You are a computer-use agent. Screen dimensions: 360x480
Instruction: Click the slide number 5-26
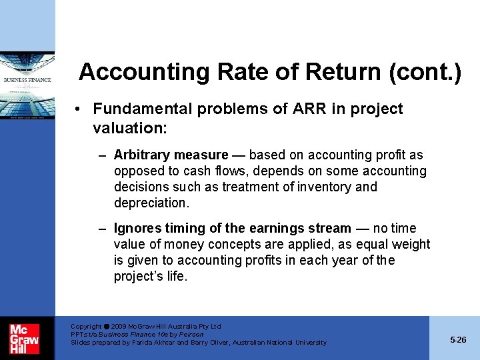tap(458, 339)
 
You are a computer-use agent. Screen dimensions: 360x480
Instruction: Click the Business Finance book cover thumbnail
tap(27, 86)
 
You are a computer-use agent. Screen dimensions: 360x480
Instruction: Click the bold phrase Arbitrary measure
tap(171, 155)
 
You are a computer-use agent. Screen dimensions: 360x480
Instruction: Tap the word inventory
tap(325, 187)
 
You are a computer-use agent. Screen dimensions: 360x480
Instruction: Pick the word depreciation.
tap(151, 203)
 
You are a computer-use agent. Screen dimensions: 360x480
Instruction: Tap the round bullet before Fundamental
tap(79, 109)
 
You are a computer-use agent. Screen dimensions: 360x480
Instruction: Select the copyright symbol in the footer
tap(107, 327)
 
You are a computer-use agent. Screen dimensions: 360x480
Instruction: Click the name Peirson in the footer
tap(191, 334)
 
